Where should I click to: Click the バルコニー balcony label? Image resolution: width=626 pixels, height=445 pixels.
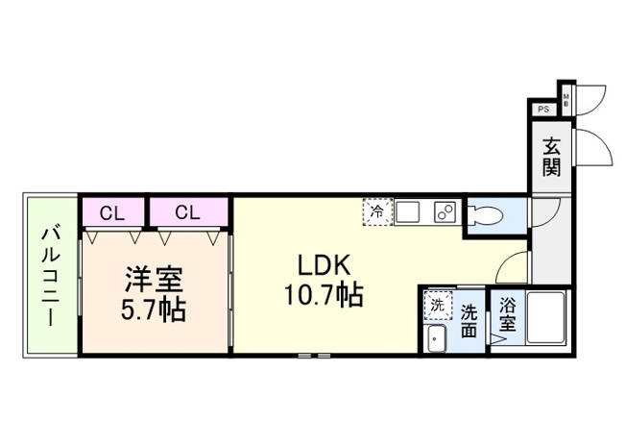[51, 275]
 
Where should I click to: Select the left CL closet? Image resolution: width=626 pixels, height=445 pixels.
[111, 211]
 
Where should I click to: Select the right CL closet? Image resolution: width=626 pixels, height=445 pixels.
[187, 211]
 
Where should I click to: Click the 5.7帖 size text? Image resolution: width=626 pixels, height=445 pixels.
[154, 310]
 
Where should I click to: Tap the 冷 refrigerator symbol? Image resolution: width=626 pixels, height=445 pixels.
[376, 211]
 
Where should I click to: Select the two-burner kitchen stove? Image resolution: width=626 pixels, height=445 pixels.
[445, 211]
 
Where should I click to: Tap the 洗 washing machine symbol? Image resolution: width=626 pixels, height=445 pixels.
[437, 305]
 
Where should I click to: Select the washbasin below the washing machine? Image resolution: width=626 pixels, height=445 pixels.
[437, 338]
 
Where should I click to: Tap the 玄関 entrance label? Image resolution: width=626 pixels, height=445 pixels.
[551, 158]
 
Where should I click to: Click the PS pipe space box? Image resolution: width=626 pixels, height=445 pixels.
[543, 109]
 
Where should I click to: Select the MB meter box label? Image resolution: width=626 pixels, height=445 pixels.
[566, 98]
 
